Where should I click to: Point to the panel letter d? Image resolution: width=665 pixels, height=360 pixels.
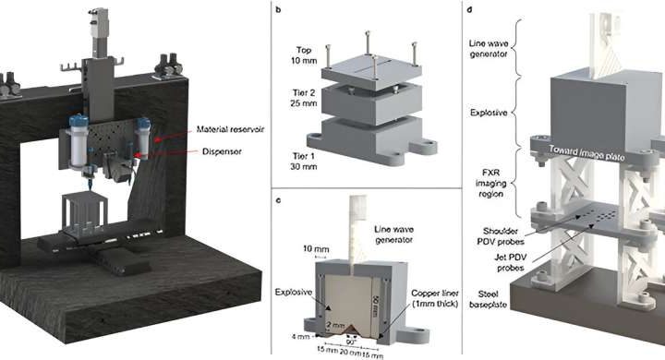point(474,12)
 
